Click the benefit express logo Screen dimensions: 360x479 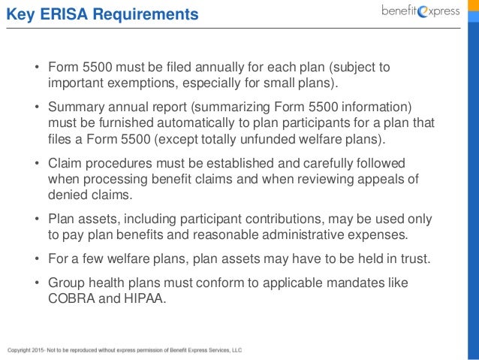point(420,12)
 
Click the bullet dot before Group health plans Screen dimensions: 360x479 point(36,283)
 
